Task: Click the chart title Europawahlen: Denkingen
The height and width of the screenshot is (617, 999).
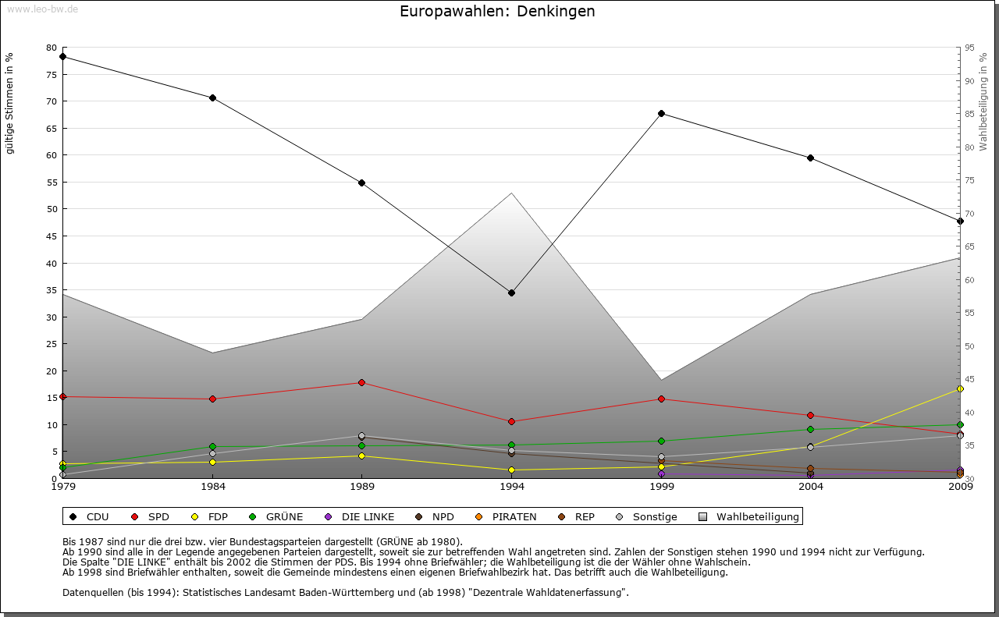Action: coord(497,11)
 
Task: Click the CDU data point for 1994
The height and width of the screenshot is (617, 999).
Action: coord(511,293)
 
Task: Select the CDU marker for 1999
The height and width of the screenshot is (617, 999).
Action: coord(661,113)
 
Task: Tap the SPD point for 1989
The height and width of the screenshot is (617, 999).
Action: coord(361,382)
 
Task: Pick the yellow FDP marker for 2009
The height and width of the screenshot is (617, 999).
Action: coord(960,388)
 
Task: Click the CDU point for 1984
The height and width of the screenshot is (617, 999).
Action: coord(212,98)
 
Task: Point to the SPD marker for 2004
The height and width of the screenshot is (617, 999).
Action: coord(810,415)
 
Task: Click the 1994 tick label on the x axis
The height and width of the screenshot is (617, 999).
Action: coord(511,488)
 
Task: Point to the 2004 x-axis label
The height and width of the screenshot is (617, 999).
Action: coord(810,488)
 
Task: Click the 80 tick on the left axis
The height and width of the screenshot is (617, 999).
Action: coord(52,48)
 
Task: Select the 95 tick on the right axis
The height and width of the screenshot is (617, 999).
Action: coord(969,48)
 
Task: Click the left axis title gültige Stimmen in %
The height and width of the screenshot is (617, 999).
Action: coord(10,103)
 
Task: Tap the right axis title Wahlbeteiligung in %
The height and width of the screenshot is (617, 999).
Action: coord(983,102)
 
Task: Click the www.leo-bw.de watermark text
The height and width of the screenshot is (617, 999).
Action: coord(42,9)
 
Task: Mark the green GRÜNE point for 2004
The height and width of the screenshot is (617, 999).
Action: coord(810,429)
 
